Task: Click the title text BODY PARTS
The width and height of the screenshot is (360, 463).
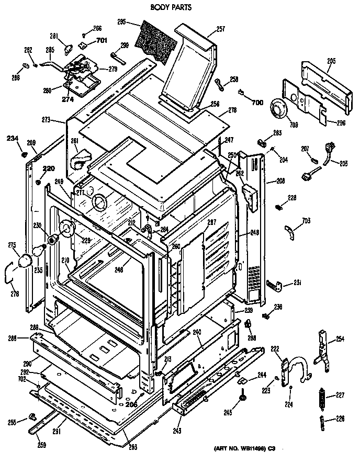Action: (x=171, y=8)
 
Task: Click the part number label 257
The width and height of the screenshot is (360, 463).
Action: (x=220, y=30)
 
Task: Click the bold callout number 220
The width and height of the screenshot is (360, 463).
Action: (x=48, y=168)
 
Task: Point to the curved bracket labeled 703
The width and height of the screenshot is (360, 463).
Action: (x=288, y=229)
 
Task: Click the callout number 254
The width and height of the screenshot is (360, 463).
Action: (x=340, y=340)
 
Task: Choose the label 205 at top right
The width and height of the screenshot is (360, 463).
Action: (x=331, y=61)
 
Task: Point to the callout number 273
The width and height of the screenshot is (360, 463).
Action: (x=46, y=120)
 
